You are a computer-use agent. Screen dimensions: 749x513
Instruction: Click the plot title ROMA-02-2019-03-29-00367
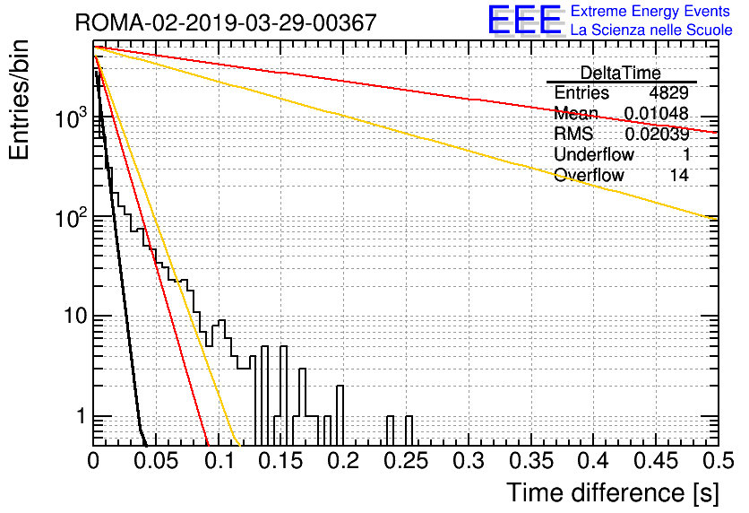[x=226, y=22]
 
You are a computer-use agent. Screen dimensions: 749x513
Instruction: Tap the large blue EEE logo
[x=524, y=20]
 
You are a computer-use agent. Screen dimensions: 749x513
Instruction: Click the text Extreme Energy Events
[x=650, y=11]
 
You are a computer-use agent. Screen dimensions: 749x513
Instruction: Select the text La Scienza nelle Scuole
[x=651, y=30]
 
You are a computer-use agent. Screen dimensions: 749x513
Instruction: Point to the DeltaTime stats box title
[x=621, y=73]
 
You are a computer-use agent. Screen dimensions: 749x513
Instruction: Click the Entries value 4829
[x=668, y=92]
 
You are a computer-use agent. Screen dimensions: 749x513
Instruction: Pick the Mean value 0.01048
[x=657, y=113]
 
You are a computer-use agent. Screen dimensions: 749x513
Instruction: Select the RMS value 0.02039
[x=657, y=135]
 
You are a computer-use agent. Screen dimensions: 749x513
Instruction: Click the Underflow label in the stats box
[x=594, y=154]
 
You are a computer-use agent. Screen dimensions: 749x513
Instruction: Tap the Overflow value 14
[x=679, y=175]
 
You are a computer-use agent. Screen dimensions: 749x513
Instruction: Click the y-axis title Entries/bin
[x=19, y=100]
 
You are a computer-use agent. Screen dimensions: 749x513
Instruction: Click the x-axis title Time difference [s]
[x=613, y=493]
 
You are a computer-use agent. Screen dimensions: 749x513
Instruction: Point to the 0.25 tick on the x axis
[x=406, y=461]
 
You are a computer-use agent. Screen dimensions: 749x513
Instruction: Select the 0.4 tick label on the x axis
[x=593, y=461]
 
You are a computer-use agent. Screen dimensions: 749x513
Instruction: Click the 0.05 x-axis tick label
[x=156, y=461]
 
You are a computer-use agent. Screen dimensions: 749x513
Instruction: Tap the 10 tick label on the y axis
[x=75, y=316]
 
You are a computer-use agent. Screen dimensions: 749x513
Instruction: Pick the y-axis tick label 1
[x=81, y=416]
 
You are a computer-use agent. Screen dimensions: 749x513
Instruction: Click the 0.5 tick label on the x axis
[x=718, y=461]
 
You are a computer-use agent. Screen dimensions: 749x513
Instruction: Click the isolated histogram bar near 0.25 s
[x=409, y=430]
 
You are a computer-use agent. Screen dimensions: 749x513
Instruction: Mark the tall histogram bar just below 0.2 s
[x=340, y=415]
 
